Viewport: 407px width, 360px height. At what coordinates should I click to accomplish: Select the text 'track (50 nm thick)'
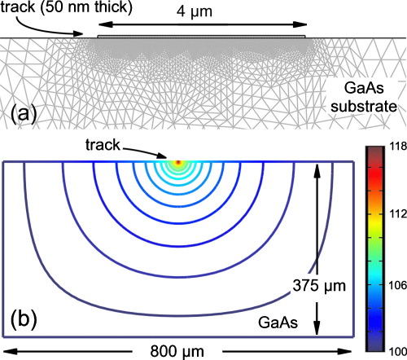coord(47,9)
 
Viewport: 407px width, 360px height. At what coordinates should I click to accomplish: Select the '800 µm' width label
coord(177,350)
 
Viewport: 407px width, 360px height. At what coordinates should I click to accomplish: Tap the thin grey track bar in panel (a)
coord(201,36)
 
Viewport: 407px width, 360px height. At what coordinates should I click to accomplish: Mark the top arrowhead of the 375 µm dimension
coord(315,165)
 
